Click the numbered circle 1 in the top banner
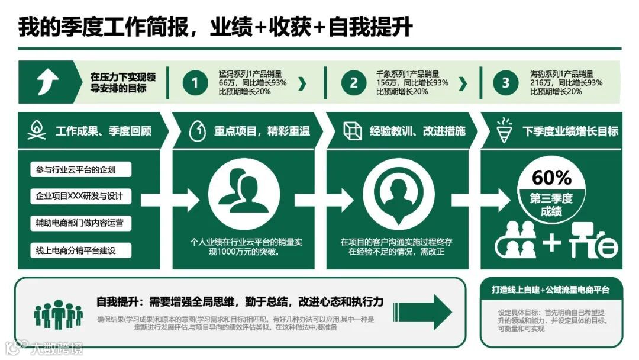195,83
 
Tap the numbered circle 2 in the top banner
353,83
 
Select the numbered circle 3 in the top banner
505,83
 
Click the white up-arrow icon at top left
47,82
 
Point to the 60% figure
551,177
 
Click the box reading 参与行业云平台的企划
80,170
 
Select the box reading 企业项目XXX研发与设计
80,196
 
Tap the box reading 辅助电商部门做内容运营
80,223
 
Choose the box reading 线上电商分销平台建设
80,250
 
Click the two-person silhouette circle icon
244,196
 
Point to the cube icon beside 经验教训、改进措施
353,131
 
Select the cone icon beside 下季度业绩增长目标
504,129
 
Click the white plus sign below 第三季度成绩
551,243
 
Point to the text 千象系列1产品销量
408,74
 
